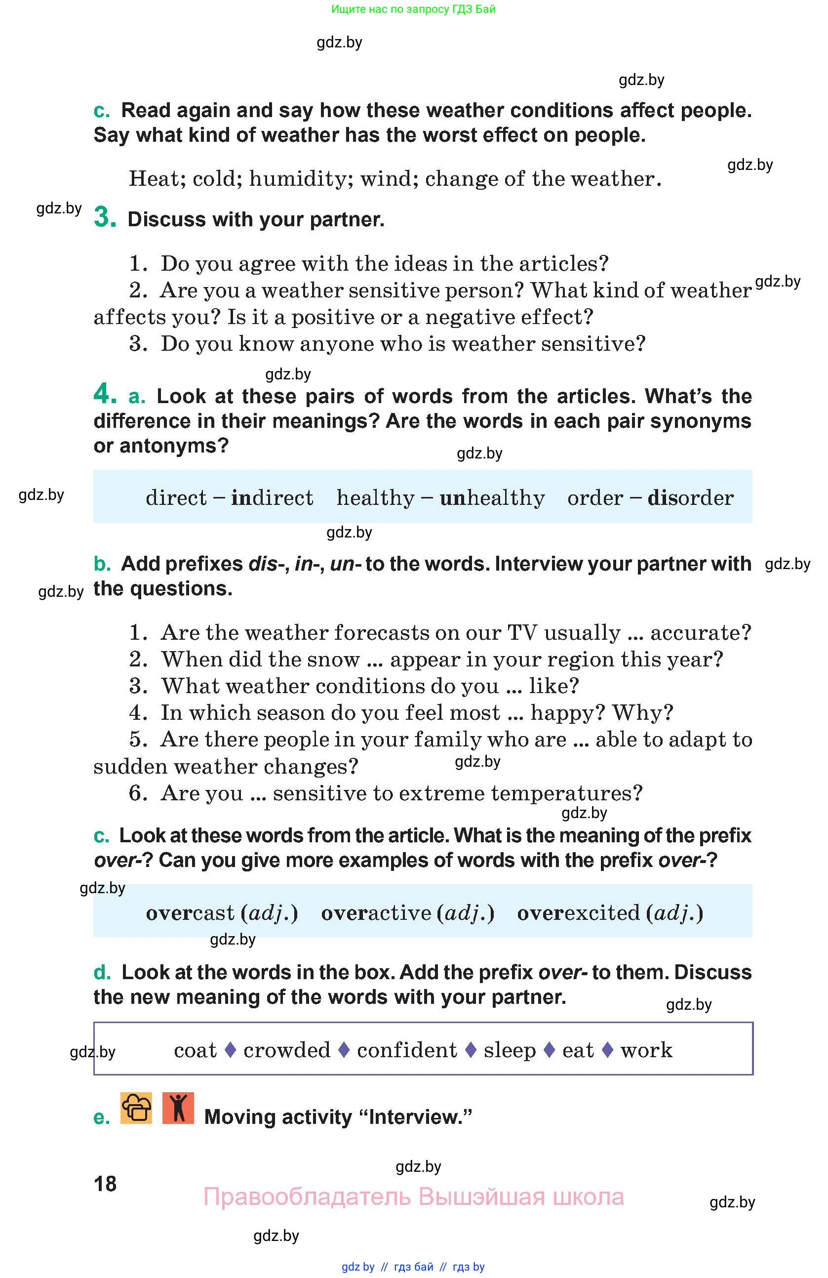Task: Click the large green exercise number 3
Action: pyautogui.click(x=105, y=217)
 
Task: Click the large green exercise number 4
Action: pyautogui.click(x=105, y=394)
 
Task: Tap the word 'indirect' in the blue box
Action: pyautogui.click(x=272, y=498)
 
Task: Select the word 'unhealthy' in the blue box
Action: pyautogui.click(x=492, y=498)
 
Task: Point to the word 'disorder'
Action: pyautogui.click(x=691, y=498)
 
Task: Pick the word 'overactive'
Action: pyautogui.click(x=376, y=913)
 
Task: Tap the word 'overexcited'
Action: pyautogui.click(x=579, y=913)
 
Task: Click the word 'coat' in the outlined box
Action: pyautogui.click(x=196, y=1050)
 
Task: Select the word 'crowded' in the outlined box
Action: pyautogui.click(x=286, y=1050)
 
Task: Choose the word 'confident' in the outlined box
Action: pyautogui.click(x=407, y=1050)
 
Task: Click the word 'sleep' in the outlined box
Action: pyautogui.click(x=509, y=1050)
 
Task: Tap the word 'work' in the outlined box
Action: pyautogui.click(x=646, y=1050)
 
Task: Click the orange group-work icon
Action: pyautogui.click(x=136, y=1108)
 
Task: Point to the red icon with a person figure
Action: pyautogui.click(x=178, y=1108)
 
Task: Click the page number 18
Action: pyautogui.click(x=105, y=1184)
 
